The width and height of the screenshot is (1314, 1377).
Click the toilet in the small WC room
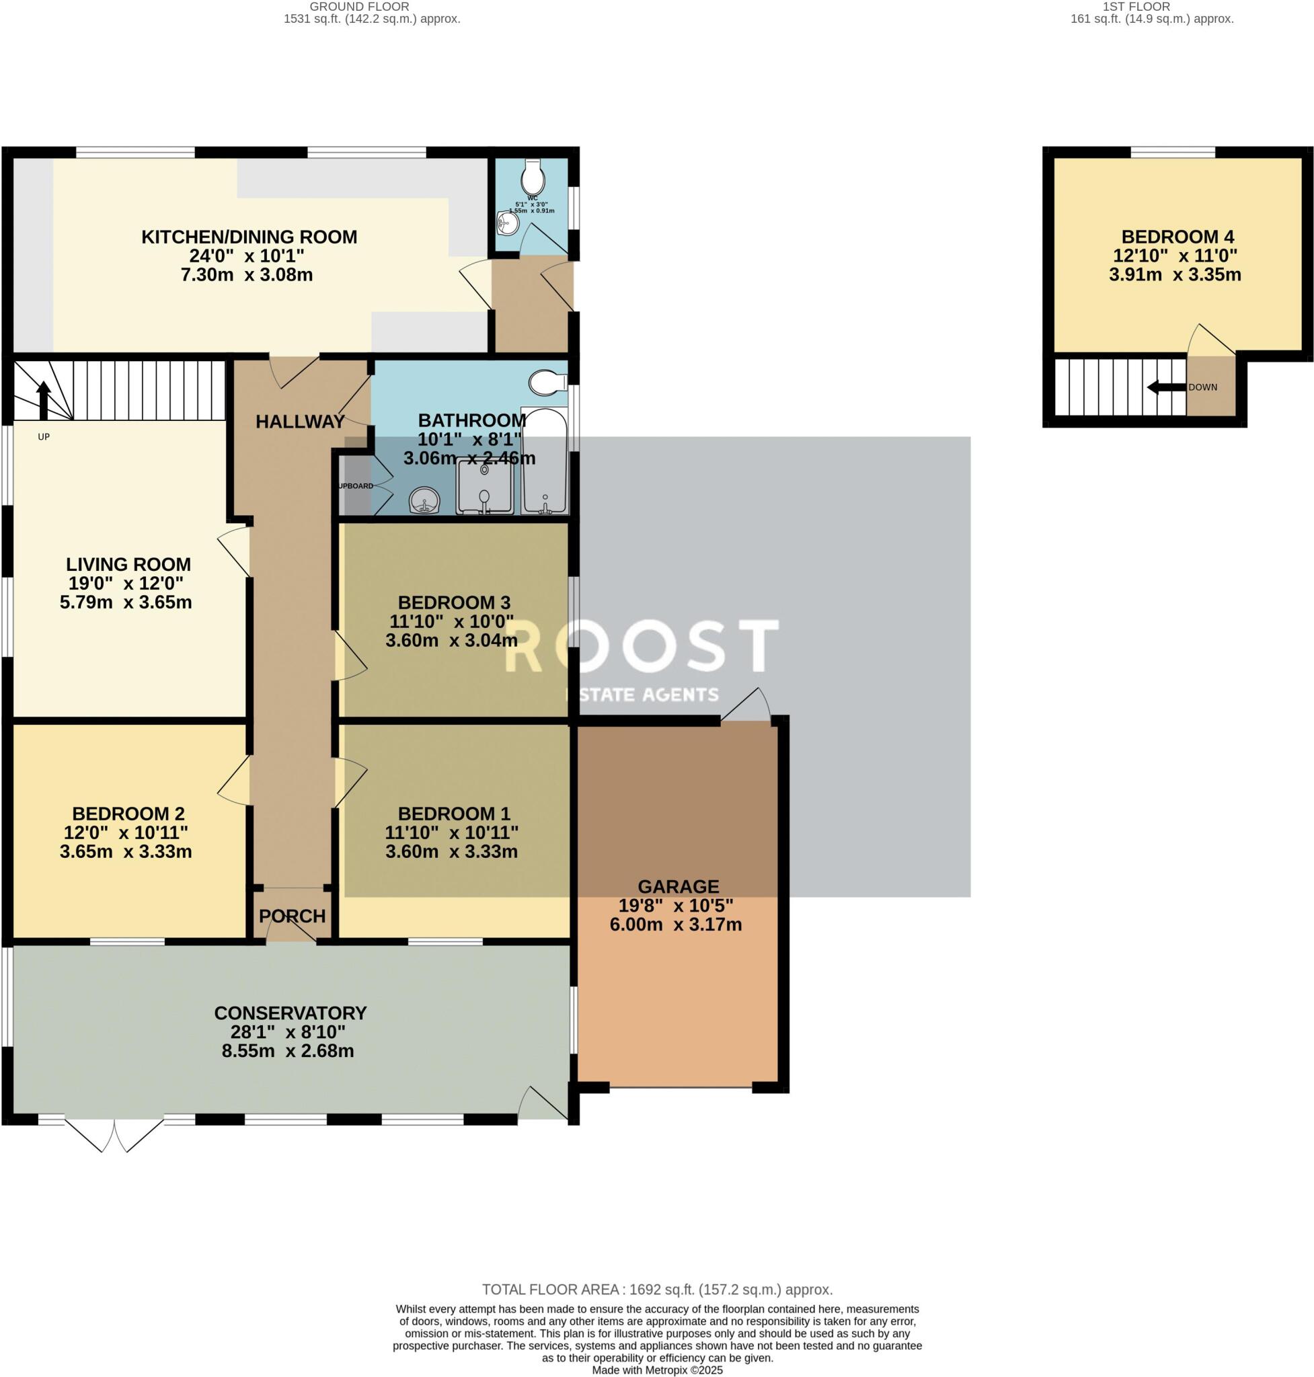pyautogui.click(x=533, y=177)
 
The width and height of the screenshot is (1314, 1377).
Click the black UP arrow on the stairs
pyautogui.click(x=44, y=399)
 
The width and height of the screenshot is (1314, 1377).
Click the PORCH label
pyautogui.click(x=292, y=916)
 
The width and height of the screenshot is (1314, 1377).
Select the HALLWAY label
pyautogui.click(x=300, y=422)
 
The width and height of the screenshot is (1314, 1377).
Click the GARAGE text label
pyautogui.click(x=677, y=887)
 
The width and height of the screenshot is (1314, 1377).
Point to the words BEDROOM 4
pyautogui.click(x=1177, y=237)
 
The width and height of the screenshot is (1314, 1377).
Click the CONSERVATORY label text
pyautogui.click(x=290, y=1013)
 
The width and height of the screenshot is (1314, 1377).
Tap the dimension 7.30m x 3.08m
pyautogui.click(x=247, y=275)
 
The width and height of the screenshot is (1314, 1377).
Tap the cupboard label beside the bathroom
pyautogui.click(x=356, y=486)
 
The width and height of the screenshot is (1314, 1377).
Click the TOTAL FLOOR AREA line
pyautogui.click(x=657, y=1290)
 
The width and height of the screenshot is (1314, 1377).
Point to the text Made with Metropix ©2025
pyautogui.click(x=657, y=1370)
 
